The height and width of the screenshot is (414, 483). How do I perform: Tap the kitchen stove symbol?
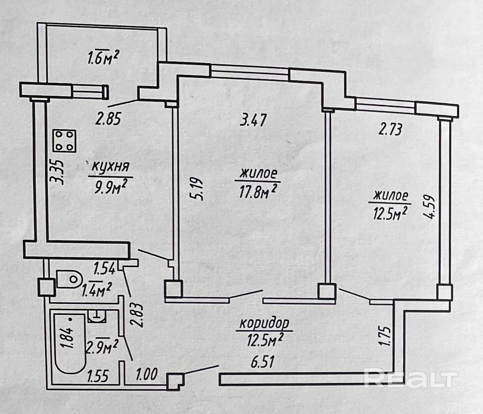(x=65, y=141)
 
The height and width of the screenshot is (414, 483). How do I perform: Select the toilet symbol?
(x=69, y=279)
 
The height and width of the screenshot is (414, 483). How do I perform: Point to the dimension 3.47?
(x=254, y=121)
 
